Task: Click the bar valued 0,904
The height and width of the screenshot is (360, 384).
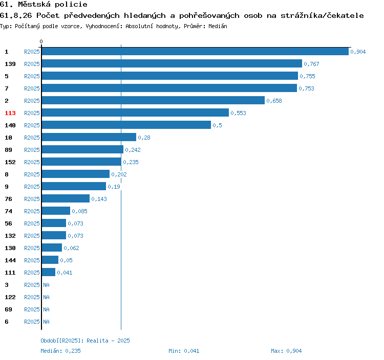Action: [195, 51]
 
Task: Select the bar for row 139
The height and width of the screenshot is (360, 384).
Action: [172, 63]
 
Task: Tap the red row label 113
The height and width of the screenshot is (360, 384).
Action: [10, 113]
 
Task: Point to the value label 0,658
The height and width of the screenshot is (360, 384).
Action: [274, 101]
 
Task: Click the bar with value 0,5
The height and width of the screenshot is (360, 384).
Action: [126, 125]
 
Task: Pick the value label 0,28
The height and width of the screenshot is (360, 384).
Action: [144, 138]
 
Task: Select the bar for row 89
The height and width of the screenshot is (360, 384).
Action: [82, 150]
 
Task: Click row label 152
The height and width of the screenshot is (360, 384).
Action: [10, 162]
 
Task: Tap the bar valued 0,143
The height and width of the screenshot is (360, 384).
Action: [66, 198]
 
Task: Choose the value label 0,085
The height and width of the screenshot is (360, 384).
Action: [79, 211]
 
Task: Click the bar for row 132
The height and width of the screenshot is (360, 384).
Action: [54, 236]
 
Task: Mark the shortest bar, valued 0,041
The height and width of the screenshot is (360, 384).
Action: [49, 272]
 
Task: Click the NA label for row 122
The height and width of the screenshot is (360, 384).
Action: [46, 297]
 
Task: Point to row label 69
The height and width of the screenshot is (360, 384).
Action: [8, 309]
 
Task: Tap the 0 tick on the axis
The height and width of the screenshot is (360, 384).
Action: [41, 41]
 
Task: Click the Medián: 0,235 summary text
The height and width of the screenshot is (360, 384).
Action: [60, 351]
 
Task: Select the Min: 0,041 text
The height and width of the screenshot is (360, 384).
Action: [184, 351]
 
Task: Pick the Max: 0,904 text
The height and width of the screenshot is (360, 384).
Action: [286, 351]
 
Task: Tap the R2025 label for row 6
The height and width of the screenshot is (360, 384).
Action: [32, 322]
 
